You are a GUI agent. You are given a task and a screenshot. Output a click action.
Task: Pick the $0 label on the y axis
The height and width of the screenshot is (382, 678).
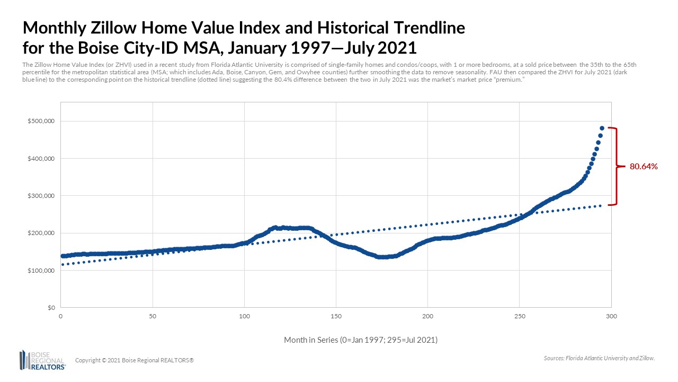coord(51,308)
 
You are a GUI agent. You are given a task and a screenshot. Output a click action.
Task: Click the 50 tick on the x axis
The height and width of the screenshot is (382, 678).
coord(153,316)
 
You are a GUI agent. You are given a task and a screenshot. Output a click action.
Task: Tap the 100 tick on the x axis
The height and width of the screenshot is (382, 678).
coord(244,316)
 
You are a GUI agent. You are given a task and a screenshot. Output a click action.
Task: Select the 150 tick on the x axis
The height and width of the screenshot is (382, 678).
coord(336,316)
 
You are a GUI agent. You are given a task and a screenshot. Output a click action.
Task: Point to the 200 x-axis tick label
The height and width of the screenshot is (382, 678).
coord(427,316)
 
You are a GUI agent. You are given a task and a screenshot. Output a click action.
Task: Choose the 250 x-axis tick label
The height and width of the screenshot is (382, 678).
coord(519,316)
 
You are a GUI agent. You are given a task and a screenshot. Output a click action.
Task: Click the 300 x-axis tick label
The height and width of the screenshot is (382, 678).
coord(611,316)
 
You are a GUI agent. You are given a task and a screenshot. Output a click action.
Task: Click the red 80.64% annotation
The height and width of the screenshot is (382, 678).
coord(643,167)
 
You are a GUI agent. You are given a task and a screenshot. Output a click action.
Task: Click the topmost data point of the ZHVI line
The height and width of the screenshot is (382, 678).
coord(602,128)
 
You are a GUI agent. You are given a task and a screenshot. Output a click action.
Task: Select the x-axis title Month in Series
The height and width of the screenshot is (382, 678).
coord(360,340)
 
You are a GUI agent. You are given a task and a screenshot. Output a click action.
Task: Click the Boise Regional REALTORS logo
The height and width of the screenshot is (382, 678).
coord(42,360)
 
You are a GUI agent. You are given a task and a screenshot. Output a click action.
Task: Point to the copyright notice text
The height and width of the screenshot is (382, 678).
coord(135,360)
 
